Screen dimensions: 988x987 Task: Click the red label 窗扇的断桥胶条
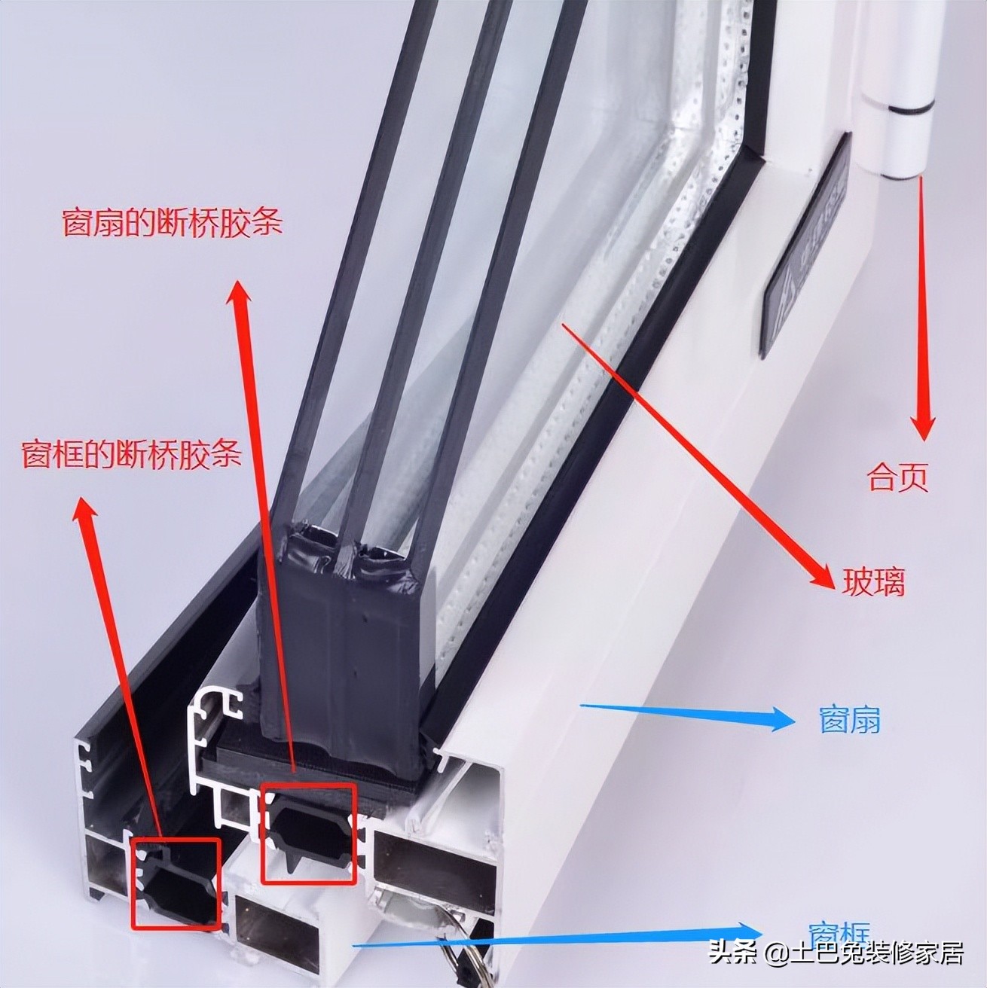(172, 223)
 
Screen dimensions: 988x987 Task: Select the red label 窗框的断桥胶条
(132, 454)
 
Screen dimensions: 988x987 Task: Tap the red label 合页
(897, 477)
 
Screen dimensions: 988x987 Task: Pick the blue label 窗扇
(849, 721)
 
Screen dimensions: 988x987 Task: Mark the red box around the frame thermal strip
(176, 883)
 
